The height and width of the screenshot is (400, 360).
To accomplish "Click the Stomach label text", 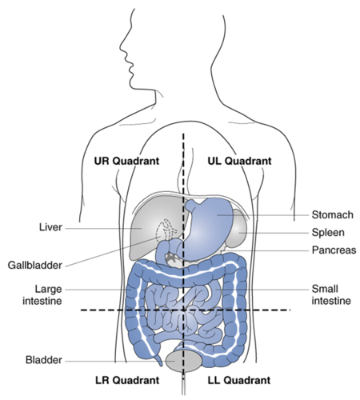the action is pyautogui.click(x=333, y=214).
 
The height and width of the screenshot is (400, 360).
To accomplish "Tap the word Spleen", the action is pyautogui.click(x=328, y=233).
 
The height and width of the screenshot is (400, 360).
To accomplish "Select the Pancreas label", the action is pyautogui.click(x=334, y=250).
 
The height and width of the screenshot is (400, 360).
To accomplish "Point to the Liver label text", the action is pyautogui.click(x=50, y=227).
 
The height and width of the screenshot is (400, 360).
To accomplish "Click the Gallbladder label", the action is pyautogui.click(x=35, y=266).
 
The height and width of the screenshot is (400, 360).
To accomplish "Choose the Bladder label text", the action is pyautogui.click(x=44, y=360).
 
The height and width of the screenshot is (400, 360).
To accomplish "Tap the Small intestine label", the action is pyautogui.click(x=331, y=294).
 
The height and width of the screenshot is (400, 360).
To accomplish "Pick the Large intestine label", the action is pyautogui.click(x=42, y=294).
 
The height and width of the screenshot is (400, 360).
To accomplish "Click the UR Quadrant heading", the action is pyautogui.click(x=126, y=161).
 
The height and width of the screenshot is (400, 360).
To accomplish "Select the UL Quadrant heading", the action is pyautogui.click(x=239, y=161).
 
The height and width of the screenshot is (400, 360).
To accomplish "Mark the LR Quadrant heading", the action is pyautogui.click(x=127, y=380).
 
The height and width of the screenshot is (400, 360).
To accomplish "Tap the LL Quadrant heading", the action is pyautogui.click(x=239, y=380).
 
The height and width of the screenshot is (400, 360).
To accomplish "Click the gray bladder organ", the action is pyautogui.click(x=184, y=362).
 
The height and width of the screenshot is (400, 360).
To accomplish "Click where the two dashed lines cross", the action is pyautogui.click(x=183, y=310).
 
